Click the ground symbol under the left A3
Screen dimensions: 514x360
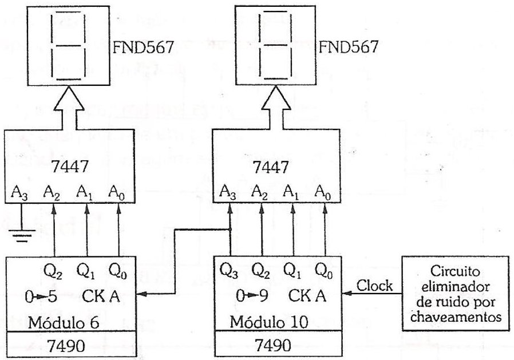[21, 235]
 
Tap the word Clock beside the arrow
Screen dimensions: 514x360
[374, 285]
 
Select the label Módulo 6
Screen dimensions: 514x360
[64, 323]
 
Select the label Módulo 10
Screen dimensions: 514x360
[269, 322]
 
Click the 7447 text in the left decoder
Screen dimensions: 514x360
[70, 166]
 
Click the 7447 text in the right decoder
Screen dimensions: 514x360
[271, 167]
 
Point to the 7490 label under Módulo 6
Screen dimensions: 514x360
[66, 345]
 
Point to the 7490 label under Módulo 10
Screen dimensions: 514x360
[272, 345]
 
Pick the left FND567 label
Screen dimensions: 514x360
[143, 47]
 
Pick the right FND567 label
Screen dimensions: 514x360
[349, 46]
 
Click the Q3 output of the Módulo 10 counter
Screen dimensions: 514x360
[228, 271]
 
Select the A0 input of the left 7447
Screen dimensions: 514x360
[117, 192]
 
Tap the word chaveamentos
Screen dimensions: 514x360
[456, 317]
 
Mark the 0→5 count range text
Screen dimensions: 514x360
[41, 297]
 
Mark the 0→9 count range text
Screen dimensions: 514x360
[252, 296]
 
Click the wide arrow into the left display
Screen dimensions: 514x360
[69, 108]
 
